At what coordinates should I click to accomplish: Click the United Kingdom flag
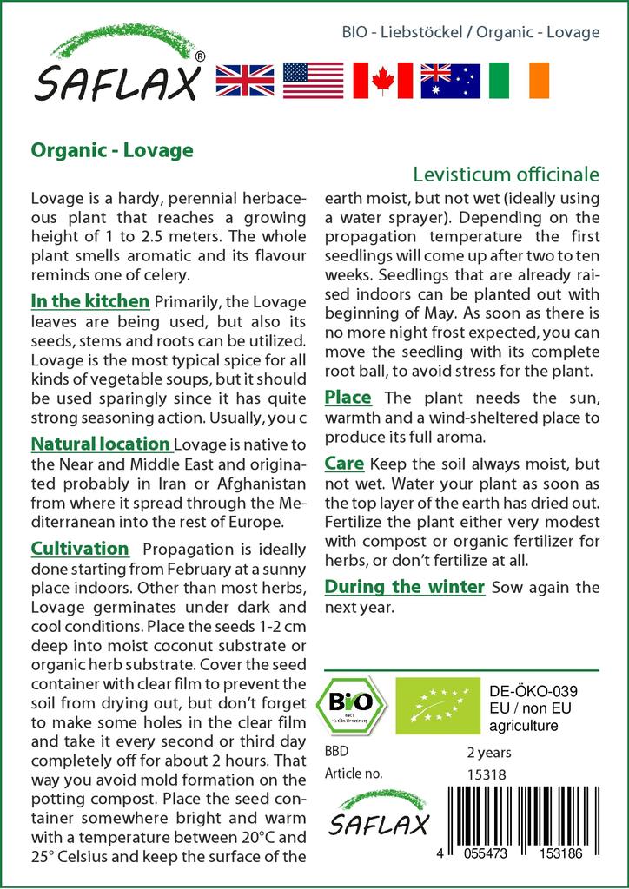point(245,81)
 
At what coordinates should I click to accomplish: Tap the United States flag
point(314,81)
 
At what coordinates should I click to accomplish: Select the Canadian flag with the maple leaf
point(382,81)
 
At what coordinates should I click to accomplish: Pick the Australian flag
point(450,81)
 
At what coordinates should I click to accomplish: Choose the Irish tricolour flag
point(519,81)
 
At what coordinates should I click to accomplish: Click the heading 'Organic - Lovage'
point(112,150)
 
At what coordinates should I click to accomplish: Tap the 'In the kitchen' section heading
point(90,302)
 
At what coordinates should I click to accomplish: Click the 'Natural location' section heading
point(100,444)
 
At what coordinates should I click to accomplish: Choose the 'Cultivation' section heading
point(80,549)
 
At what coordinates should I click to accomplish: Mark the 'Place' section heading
point(348,398)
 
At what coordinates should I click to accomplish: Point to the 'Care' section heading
point(344,464)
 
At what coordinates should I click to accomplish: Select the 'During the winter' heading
point(404,587)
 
